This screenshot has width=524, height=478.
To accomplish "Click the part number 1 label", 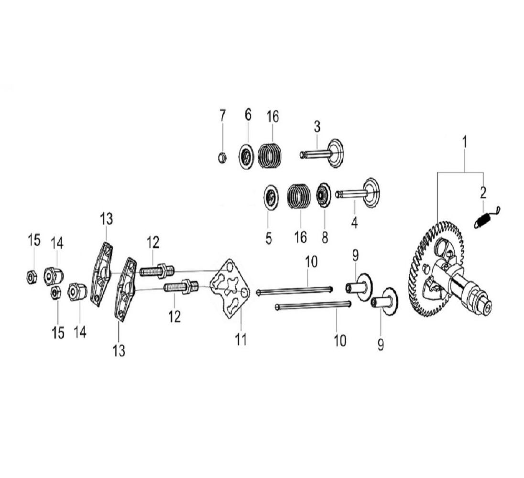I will pyautogui.click(x=464, y=142).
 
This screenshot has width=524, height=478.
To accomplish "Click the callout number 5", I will pyautogui.click(x=268, y=238).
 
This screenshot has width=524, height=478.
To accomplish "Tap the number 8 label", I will pyautogui.click(x=325, y=238).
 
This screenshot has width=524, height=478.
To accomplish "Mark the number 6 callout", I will pyautogui.click(x=247, y=115).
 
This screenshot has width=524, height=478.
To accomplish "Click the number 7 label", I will pyautogui.click(x=222, y=115).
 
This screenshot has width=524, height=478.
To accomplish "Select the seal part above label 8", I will pyautogui.click(x=324, y=196).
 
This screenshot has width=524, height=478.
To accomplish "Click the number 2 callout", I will pyautogui.click(x=483, y=193).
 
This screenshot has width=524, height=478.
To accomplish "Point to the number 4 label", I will pyautogui.click(x=354, y=222).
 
